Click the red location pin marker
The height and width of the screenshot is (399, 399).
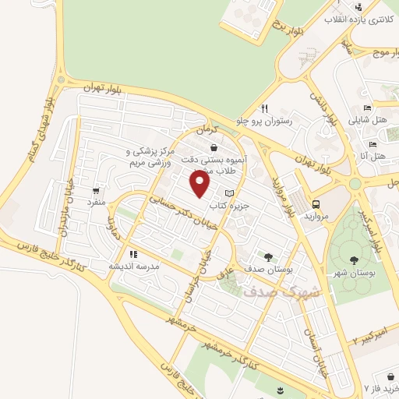click(201, 185)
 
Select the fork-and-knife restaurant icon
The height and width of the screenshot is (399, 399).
click(265, 108)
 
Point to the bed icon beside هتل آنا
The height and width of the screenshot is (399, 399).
click(373, 144)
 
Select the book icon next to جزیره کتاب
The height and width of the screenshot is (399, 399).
click(228, 192)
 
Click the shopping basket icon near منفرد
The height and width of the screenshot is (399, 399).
click(96, 189)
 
